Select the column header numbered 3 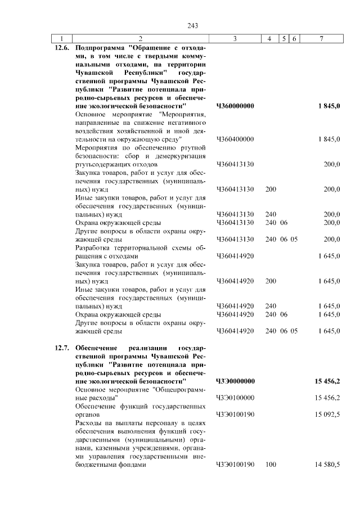(x=235, y=38)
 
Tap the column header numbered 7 (x=321, y=38)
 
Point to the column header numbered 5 (x=285, y=38)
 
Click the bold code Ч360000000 (x=235, y=106)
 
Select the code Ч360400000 (x=235, y=139)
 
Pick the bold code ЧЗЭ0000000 (x=235, y=381)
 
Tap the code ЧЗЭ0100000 (x=235, y=398)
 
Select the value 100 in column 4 (x=271, y=465)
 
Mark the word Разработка (x=93, y=247)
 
